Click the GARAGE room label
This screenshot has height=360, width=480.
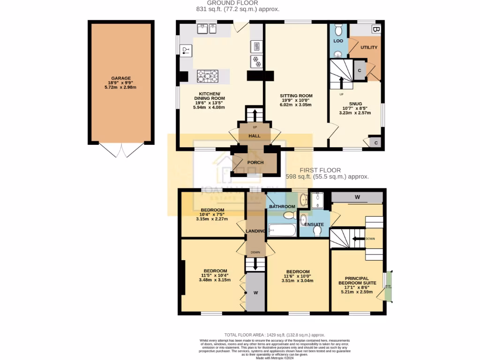click(121, 78)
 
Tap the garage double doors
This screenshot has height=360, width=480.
click(121, 150)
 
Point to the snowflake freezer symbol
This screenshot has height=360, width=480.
click(257, 60)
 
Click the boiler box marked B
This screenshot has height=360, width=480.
click(375, 29)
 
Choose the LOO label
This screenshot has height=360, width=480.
click(338, 41)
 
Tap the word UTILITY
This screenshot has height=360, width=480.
click(368, 48)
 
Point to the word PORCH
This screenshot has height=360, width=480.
click(255, 163)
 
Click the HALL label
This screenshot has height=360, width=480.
click(255, 136)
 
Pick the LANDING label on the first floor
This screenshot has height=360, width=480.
click(255, 231)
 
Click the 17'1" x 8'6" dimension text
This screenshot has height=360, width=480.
click(357, 287)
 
